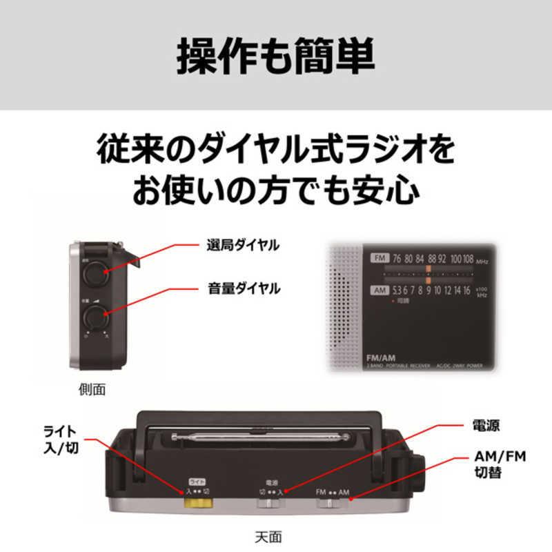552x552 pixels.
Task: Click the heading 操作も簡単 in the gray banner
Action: tap(276, 55)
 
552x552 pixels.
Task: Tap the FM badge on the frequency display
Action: tap(379, 258)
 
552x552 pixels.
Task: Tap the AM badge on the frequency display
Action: tap(379, 290)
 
